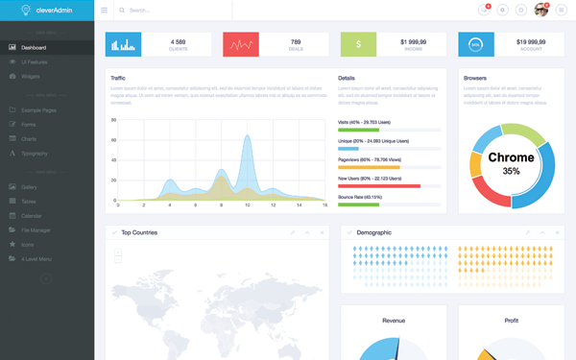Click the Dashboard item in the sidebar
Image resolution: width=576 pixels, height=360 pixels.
point(34,47)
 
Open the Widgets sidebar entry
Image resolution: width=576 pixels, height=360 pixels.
point(31,76)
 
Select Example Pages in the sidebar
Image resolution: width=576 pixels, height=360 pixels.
point(38,110)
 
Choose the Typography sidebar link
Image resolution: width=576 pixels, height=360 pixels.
point(34,154)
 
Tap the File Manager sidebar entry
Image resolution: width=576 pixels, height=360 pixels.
point(36,230)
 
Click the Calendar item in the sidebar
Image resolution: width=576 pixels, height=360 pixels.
point(32,216)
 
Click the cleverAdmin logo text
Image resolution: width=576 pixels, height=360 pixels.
point(42,11)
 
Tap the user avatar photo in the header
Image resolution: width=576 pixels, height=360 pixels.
point(541,10)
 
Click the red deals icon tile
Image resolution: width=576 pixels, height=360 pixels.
point(241,44)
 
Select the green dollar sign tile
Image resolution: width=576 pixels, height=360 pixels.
point(358,44)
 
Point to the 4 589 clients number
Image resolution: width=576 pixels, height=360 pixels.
point(178,41)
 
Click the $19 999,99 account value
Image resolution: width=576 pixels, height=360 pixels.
point(530,41)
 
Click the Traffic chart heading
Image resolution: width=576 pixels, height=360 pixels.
point(118,78)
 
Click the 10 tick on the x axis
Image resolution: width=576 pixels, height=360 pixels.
point(247,205)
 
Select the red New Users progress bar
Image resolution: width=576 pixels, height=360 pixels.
point(379,186)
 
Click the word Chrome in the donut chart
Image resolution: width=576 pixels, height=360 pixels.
point(511,157)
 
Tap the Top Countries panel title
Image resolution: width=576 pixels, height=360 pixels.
point(139,232)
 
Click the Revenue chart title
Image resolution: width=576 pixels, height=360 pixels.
point(394,321)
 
